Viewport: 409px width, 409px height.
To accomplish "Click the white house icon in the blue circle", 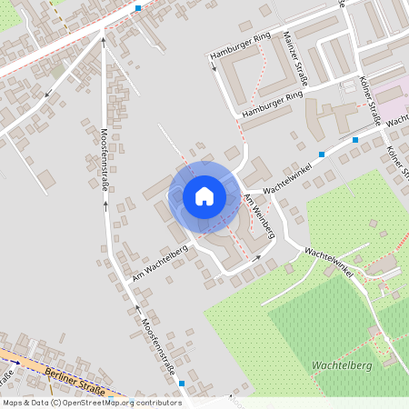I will (x=204, y=195).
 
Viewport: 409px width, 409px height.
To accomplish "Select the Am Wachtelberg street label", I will (x=159, y=262).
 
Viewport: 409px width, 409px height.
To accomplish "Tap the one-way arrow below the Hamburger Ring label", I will (x=214, y=69).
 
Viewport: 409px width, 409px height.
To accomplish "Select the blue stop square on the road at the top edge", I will (x=138, y=8).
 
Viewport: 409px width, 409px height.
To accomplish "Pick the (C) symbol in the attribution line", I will (x=56, y=402).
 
